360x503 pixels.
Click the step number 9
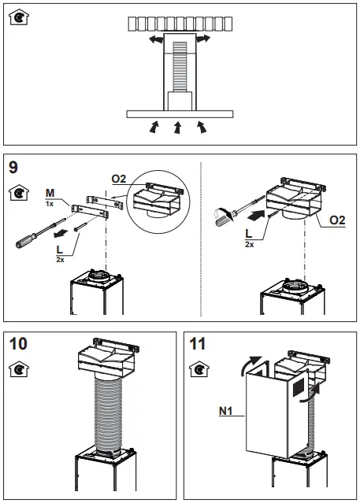(13, 166)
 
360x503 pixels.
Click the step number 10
(18, 343)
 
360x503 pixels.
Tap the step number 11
(198, 343)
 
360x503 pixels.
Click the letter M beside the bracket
(50, 191)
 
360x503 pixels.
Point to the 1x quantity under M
(50, 203)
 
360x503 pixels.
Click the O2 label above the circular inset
(119, 179)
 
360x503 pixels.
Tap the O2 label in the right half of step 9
(336, 220)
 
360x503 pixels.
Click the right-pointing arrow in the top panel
(203, 39)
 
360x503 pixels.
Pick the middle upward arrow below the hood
(178, 127)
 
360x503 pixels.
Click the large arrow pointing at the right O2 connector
(254, 213)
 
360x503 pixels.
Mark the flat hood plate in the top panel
(180, 114)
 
